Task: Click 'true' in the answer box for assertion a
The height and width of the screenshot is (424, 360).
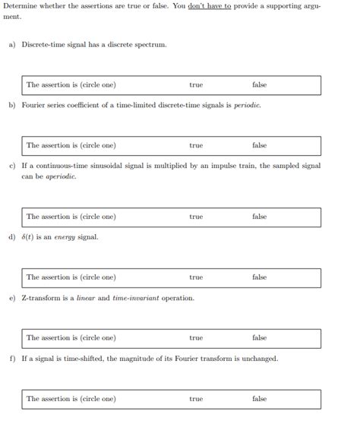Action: pyautogui.click(x=196, y=85)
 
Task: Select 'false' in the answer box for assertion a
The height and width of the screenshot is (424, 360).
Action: pyautogui.click(x=259, y=85)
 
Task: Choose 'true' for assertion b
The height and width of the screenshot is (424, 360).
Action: pyautogui.click(x=196, y=146)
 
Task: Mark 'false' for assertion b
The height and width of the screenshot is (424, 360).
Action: pyautogui.click(x=259, y=146)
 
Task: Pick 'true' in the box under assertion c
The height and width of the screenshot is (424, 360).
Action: pyautogui.click(x=196, y=217)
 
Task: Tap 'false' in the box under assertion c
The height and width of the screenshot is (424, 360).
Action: pyautogui.click(x=259, y=217)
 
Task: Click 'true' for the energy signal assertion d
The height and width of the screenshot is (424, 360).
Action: pyautogui.click(x=196, y=277)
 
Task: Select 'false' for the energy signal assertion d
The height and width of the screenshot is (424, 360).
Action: pyautogui.click(x=259, y=277)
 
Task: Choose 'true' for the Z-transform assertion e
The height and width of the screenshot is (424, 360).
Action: pyautogui.click(x=196, y=338)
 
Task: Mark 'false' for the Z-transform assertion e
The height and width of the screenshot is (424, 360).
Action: pyautogui.click(x=259, y=338)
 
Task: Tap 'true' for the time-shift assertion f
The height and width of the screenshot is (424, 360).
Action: pyautogui.click(x=196, y=399)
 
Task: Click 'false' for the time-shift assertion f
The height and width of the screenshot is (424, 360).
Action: pyautogui.click(x=259, y=399)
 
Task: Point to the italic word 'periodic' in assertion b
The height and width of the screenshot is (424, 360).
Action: pyautogui.click(x=247, y=106)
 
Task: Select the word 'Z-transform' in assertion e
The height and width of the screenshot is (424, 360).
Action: pyautogui.click(x=40, y=298)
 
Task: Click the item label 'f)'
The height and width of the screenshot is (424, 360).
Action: pyautogui.click(x=12, y=359)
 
